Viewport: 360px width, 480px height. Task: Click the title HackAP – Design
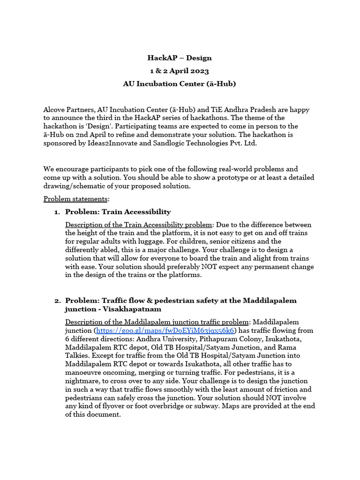(180, 58)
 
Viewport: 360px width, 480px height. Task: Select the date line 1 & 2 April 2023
(180, 71)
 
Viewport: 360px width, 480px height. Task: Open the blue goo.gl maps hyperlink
(165, 330)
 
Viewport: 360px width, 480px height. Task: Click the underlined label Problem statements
(76, 199)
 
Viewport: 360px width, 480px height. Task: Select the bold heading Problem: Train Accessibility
(118, 212)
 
